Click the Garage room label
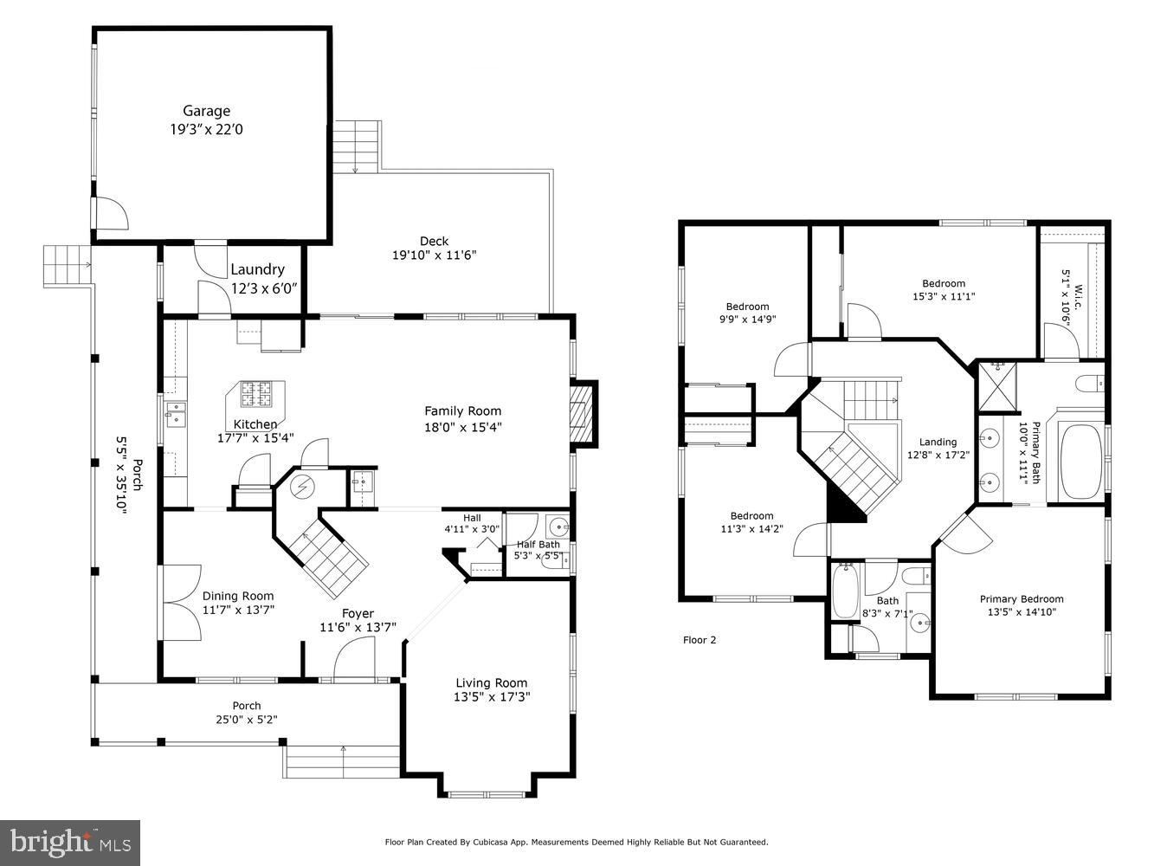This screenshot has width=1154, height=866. pyautogui.click(x=206, y=111)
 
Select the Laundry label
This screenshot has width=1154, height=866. pyautogui.click(x=257, y=269)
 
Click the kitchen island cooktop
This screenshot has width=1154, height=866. pyautogui.click(x=255, y=395)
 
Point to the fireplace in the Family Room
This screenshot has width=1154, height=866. pyautogui.click(x=583, y=413)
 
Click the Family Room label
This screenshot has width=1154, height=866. pyautogui.click(x=462, y=411)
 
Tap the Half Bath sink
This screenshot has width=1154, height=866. pyautogui.click(x=559, y=525)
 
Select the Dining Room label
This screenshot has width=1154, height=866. pyautogui.click(x=238, y=596)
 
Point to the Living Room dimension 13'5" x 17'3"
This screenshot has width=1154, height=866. pyautogui.click(x=492, y=696)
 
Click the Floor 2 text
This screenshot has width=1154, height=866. pyautogui.click(x=699, y=640)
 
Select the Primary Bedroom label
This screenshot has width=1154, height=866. pyautogui.click(x=1022, y=598)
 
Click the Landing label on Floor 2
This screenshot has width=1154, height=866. pyautogui.click(x=938, y=442)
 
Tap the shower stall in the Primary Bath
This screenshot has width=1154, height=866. pyautogui.click(x=996, y=388)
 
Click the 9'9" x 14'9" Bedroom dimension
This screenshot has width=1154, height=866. pyautogui.click(x=746, y=319)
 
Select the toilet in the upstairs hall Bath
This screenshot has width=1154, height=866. pyautogui.click(x=914, y=575)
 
